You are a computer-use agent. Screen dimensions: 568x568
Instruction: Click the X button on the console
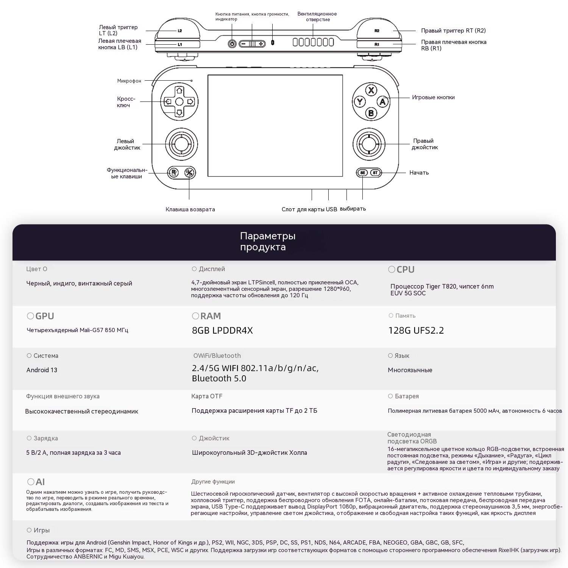pos(371,90)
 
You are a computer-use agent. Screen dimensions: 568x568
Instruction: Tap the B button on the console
pos(371,113)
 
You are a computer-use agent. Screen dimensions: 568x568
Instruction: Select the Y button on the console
pos(359,101)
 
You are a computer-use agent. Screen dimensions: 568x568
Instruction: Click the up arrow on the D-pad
pos(179,91)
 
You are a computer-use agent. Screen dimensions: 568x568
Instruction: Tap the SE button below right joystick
pos(363,173)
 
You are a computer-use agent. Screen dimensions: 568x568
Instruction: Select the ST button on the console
pos(375,173)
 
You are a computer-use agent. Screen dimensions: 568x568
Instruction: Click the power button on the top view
pos(233,44)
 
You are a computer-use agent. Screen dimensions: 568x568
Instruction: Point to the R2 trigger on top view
pos(377,31)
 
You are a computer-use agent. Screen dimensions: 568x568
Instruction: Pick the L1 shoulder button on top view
pos(180,44)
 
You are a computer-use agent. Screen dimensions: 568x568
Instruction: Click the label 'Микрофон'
pos(129,81)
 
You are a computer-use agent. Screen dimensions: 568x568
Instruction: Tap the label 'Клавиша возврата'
pos(190,209)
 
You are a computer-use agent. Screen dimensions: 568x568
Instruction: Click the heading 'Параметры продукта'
pos(268,242)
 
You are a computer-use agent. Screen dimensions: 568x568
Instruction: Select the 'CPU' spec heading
pos(405,270)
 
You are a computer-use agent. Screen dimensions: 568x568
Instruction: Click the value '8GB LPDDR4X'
pos(222,331)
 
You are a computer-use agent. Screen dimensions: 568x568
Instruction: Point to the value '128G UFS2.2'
pos(416,331)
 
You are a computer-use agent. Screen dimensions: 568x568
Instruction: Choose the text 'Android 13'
pos(42,370)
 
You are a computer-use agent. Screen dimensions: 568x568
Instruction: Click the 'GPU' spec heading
pos(44,316)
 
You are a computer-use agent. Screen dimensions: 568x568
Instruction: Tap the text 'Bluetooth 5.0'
pos(219,378)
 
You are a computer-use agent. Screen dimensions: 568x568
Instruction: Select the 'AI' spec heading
pos(40,482)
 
